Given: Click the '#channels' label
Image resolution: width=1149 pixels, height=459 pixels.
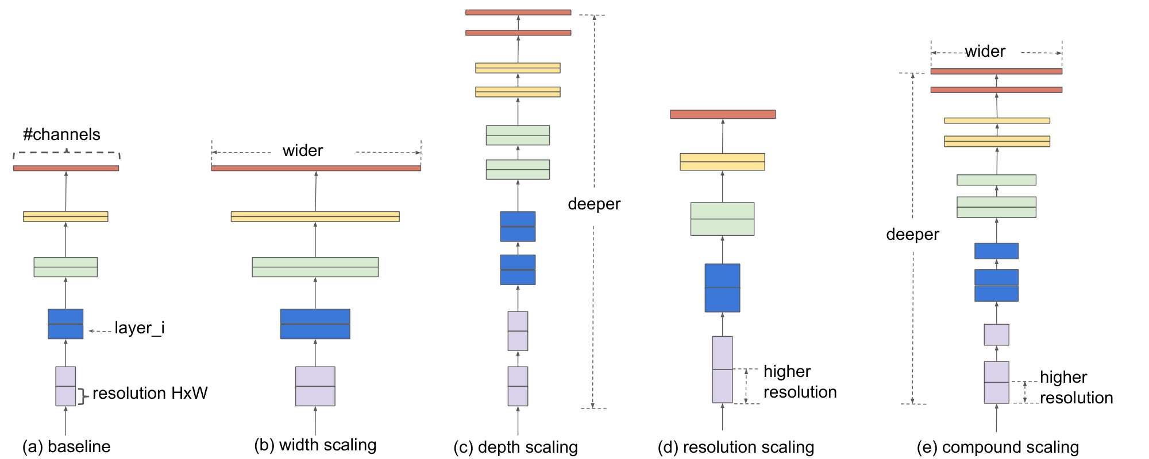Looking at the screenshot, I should [61, 134].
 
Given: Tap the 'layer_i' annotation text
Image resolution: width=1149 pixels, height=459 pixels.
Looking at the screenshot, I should [139, 328].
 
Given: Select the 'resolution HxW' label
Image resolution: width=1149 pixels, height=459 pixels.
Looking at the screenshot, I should [149, 393].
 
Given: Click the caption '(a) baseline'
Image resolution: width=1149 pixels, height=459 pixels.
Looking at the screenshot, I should [66, 446].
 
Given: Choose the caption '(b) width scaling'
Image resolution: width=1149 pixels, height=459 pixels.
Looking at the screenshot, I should [315, 445].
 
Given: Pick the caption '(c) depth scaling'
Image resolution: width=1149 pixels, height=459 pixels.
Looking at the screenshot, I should [515, 447].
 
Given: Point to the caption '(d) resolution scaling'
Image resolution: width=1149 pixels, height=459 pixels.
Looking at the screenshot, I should [735, 447].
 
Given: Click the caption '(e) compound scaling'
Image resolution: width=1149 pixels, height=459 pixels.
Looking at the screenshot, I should [997, 447].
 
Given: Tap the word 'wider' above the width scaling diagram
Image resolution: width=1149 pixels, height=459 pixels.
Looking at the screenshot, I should [303, 150].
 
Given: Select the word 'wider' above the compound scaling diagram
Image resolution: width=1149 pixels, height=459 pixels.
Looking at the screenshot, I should [985, 52].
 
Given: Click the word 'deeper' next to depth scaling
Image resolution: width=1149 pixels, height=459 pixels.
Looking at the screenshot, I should [594, 204].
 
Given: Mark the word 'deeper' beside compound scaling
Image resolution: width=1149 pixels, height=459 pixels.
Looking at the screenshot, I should [912, 234].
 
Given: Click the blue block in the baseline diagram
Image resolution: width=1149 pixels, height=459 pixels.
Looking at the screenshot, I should [65, 324].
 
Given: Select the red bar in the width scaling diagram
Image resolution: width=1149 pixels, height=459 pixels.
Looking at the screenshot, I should [316, 168].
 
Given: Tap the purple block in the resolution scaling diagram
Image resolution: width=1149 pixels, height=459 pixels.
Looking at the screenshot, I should [722, 369].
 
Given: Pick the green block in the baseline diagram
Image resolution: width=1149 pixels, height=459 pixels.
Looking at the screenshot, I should [65, 267].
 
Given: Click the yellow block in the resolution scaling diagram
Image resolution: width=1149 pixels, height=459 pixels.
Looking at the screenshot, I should [722, 162].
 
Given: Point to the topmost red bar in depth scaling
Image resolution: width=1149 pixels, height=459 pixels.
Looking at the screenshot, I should [518, 12].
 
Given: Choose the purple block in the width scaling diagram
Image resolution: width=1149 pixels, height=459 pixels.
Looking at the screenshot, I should [315, 386].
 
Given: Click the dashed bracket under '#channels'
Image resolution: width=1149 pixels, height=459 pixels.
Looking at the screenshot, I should [67, 153].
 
